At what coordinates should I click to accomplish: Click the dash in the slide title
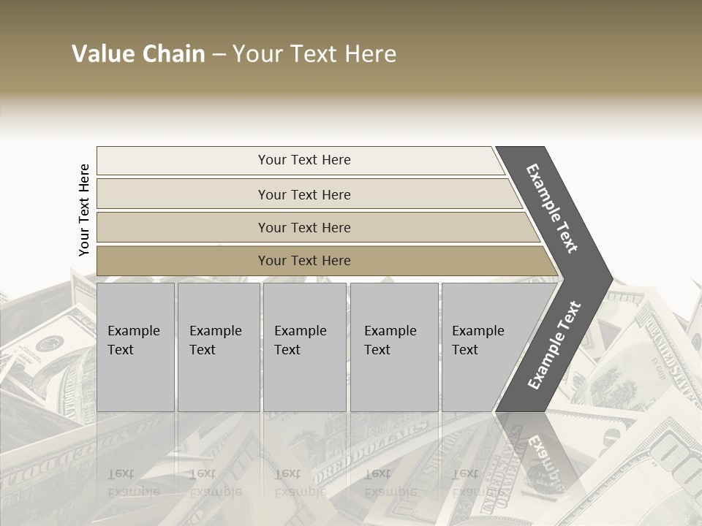click(219, 55)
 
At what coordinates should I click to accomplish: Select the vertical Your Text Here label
click(84, 210)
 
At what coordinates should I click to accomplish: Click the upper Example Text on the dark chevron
click(553, 208)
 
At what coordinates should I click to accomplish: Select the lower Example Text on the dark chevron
click(554, 345)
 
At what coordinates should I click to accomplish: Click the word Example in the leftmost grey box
click(133, 331)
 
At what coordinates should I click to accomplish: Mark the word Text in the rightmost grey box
click(465, 350)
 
